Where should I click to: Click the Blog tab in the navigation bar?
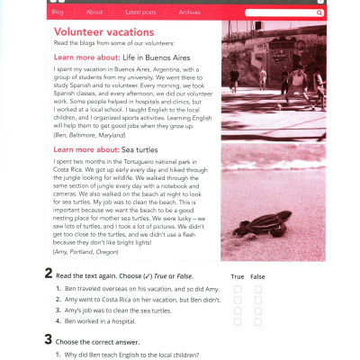coord(58,13)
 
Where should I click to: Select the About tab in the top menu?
coord(94,13)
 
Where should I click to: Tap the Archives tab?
coord(190,13)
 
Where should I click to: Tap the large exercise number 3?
coord(48,340)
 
